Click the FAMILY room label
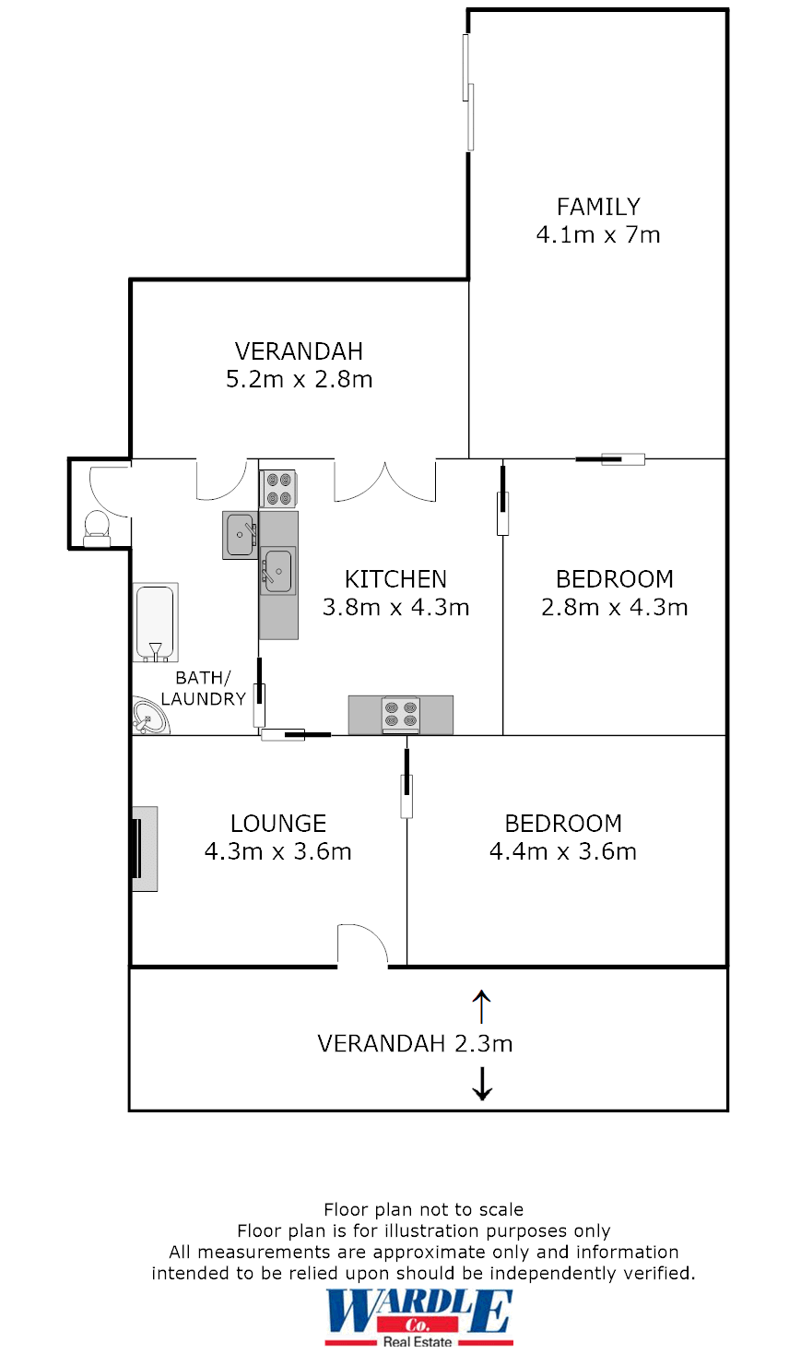[598, 207]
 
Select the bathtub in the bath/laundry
[155, 623]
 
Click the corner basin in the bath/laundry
[149, 717]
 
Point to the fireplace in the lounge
[145, 849]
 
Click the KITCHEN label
[395, 579]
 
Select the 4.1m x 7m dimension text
[598, 234]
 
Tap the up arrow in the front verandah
[481, 1006]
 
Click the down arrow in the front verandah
[481, 1084]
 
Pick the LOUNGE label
[278, 824]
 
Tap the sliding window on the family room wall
[468, 92]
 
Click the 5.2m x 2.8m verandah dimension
[299, 379]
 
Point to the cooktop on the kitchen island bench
[401, 715]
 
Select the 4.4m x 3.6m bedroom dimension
[563, 851]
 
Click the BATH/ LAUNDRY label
[203, 688]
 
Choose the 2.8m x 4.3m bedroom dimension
[614, 607]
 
